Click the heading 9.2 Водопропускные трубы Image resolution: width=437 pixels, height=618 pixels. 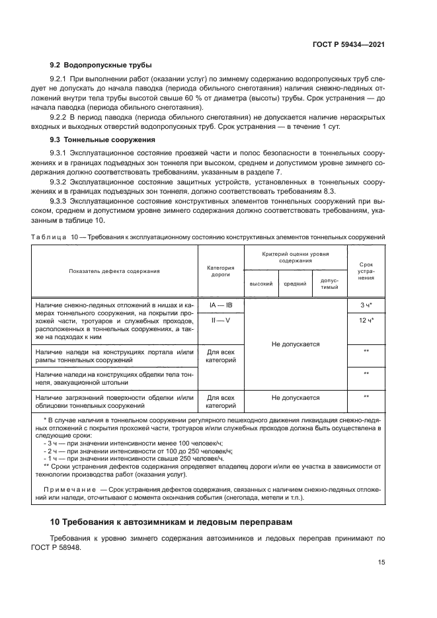(101, 65)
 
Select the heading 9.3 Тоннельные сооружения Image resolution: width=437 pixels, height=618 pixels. (102, 139)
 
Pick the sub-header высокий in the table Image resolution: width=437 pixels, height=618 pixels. (260, 284)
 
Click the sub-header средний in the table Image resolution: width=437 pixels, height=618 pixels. (295, 284)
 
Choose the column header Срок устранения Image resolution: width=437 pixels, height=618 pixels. (366, 271)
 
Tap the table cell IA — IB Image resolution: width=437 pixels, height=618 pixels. (220, 305)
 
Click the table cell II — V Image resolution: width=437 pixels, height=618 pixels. (220, 321)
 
